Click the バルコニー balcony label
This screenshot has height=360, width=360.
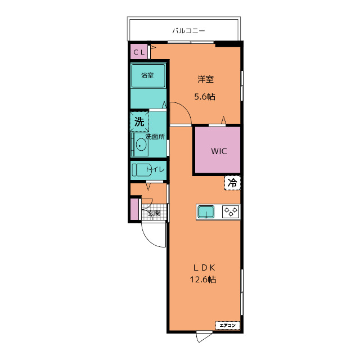(188, 31)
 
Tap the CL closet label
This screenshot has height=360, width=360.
(139, 52)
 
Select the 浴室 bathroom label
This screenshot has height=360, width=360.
(147, 75)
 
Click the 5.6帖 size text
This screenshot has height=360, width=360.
(205, 97)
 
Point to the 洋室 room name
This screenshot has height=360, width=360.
(206, 79)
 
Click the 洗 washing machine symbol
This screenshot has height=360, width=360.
(139, 121)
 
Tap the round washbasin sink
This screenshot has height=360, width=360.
(141, 145)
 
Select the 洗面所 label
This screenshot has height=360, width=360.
(155, 137)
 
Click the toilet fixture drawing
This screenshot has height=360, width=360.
(141, 170)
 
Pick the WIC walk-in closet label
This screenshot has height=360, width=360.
(219, 151)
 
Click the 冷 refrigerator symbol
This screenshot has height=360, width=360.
(232, 183)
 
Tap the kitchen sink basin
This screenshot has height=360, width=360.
(206, 211)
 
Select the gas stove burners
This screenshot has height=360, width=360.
(231, 211)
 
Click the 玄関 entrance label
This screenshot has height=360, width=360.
(154, 213)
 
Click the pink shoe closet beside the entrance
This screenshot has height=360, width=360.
(134, 209)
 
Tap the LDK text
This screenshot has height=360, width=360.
(204, 268)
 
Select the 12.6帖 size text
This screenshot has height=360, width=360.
(202, 280)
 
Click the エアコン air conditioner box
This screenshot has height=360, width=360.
(227, 325)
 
